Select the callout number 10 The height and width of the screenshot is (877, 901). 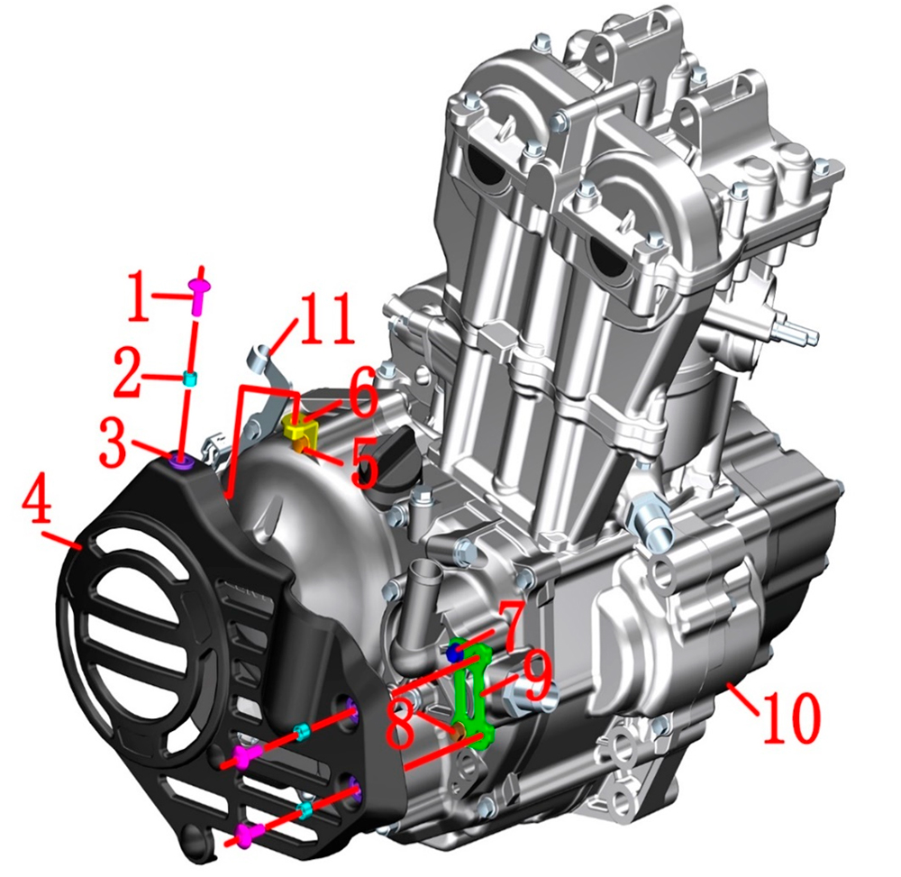coord(791,717)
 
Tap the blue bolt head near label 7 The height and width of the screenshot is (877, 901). coord(454,650)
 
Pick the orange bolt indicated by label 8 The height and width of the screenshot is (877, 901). coord(460,733)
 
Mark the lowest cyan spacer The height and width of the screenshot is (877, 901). coord(307,810)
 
